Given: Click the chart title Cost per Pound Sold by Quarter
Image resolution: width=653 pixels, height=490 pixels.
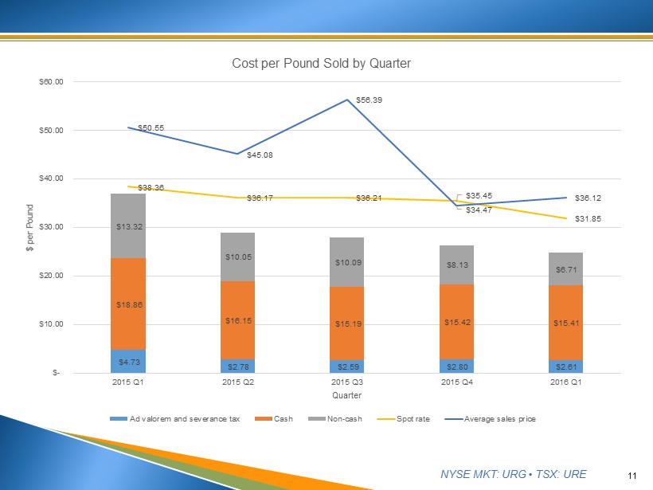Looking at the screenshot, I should [x=321, y=63].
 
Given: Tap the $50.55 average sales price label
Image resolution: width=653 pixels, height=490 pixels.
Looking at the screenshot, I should [x=151, y=127].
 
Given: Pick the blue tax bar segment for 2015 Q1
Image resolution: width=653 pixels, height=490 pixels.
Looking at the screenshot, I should [x=128, y=362].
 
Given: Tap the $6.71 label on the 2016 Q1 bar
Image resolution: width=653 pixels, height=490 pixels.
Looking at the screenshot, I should [x=565, y=270].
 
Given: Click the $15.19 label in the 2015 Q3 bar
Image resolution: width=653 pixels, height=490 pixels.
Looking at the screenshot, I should [x=346, y=325].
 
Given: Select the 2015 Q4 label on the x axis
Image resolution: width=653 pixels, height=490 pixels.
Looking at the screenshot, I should [x=456, y=382].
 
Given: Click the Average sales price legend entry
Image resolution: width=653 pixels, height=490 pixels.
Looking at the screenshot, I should [x=500, y=418].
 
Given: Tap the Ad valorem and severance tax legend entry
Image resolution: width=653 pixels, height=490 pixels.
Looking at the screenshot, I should [x=174, y=418].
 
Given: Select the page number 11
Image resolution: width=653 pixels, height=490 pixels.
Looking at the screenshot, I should [x=632, y=476].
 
